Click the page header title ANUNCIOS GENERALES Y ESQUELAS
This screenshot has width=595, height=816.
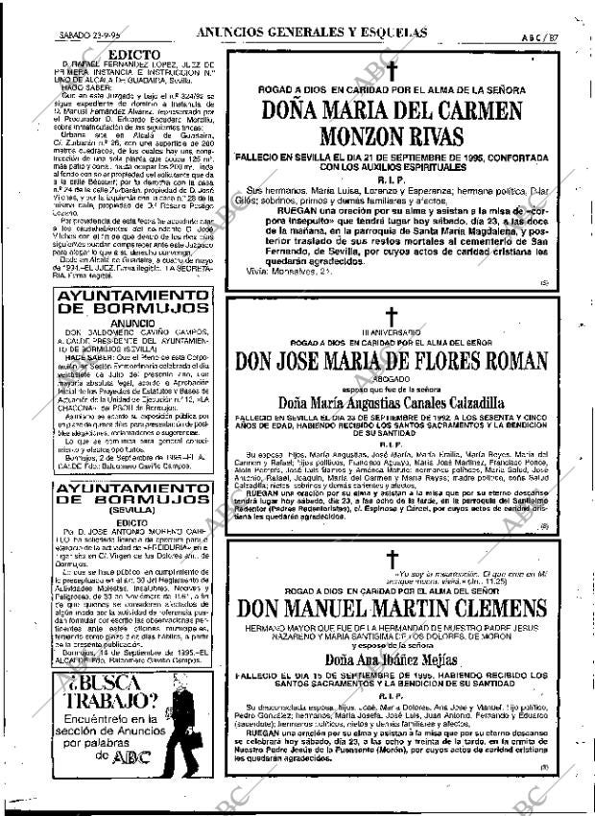point(311,32)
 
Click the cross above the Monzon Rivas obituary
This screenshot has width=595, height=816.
point(392,70)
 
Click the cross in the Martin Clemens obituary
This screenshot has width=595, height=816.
point(392,561)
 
